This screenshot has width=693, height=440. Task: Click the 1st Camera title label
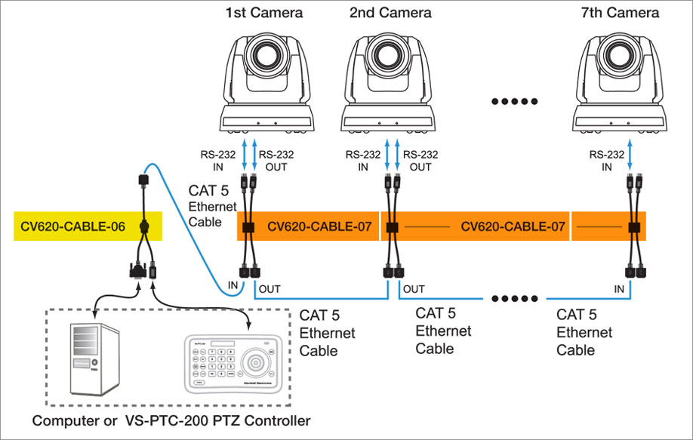click(263, 13)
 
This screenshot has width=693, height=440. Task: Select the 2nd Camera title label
click(390, 13)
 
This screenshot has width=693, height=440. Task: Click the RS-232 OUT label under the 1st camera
click(273, 160)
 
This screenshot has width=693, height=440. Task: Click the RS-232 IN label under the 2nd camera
click(362, 160)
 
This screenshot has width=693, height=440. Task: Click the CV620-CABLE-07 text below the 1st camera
click(322, 226)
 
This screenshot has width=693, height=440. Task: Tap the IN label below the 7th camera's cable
click(619, 289)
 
